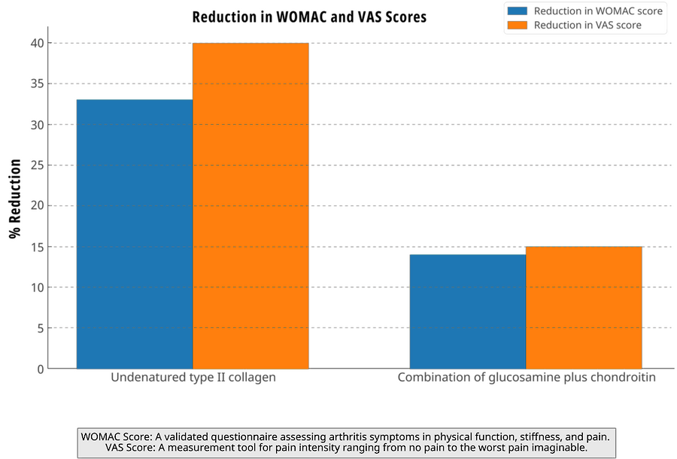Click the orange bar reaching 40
pos(250,206)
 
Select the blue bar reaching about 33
pos(134,234)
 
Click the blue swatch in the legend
pos(518,11)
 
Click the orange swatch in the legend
pos(518,25)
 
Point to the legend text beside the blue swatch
pos(597,11)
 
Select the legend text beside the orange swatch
pos(587,25)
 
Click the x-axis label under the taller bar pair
pos(193,378)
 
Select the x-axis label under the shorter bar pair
pos(527,378)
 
